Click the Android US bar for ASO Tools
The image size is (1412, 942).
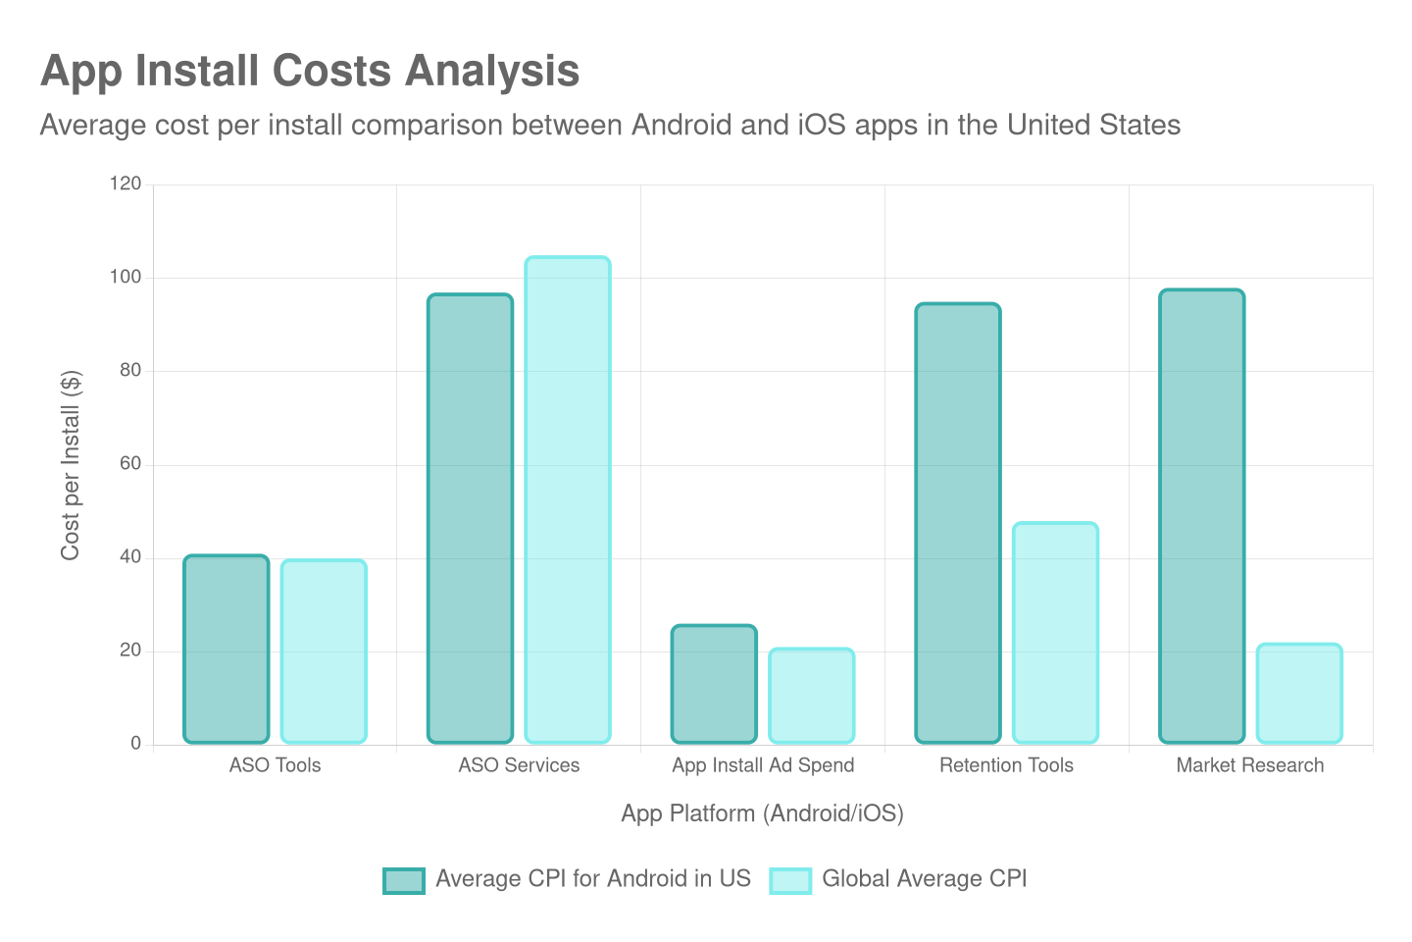point(227,649)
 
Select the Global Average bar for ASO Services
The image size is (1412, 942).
point(568,499)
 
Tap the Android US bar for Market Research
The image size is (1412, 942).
point(1202,516)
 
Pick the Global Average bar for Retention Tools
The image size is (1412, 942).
point(1055,633)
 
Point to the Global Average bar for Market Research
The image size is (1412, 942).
point(1299,693)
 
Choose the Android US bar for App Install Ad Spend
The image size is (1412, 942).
point(714,684)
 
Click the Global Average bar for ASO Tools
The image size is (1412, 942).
point(324,652)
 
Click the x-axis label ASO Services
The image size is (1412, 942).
point(519,765)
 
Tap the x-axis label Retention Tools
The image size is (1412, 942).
point(1006,765)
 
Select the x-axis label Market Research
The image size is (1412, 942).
point(1250,765)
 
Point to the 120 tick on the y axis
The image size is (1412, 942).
point(126,183)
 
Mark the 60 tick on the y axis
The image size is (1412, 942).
point(130,463)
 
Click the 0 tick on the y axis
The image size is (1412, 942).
point(136,744)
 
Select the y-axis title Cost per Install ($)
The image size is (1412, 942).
point(71,465)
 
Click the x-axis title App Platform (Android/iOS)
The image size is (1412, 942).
point(762,813)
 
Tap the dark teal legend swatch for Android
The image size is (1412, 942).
point(404,880)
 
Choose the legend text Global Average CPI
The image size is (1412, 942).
point(924,879)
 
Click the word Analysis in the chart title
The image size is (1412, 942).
point(492,72)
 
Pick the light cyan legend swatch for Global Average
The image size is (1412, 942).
point(790,880)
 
